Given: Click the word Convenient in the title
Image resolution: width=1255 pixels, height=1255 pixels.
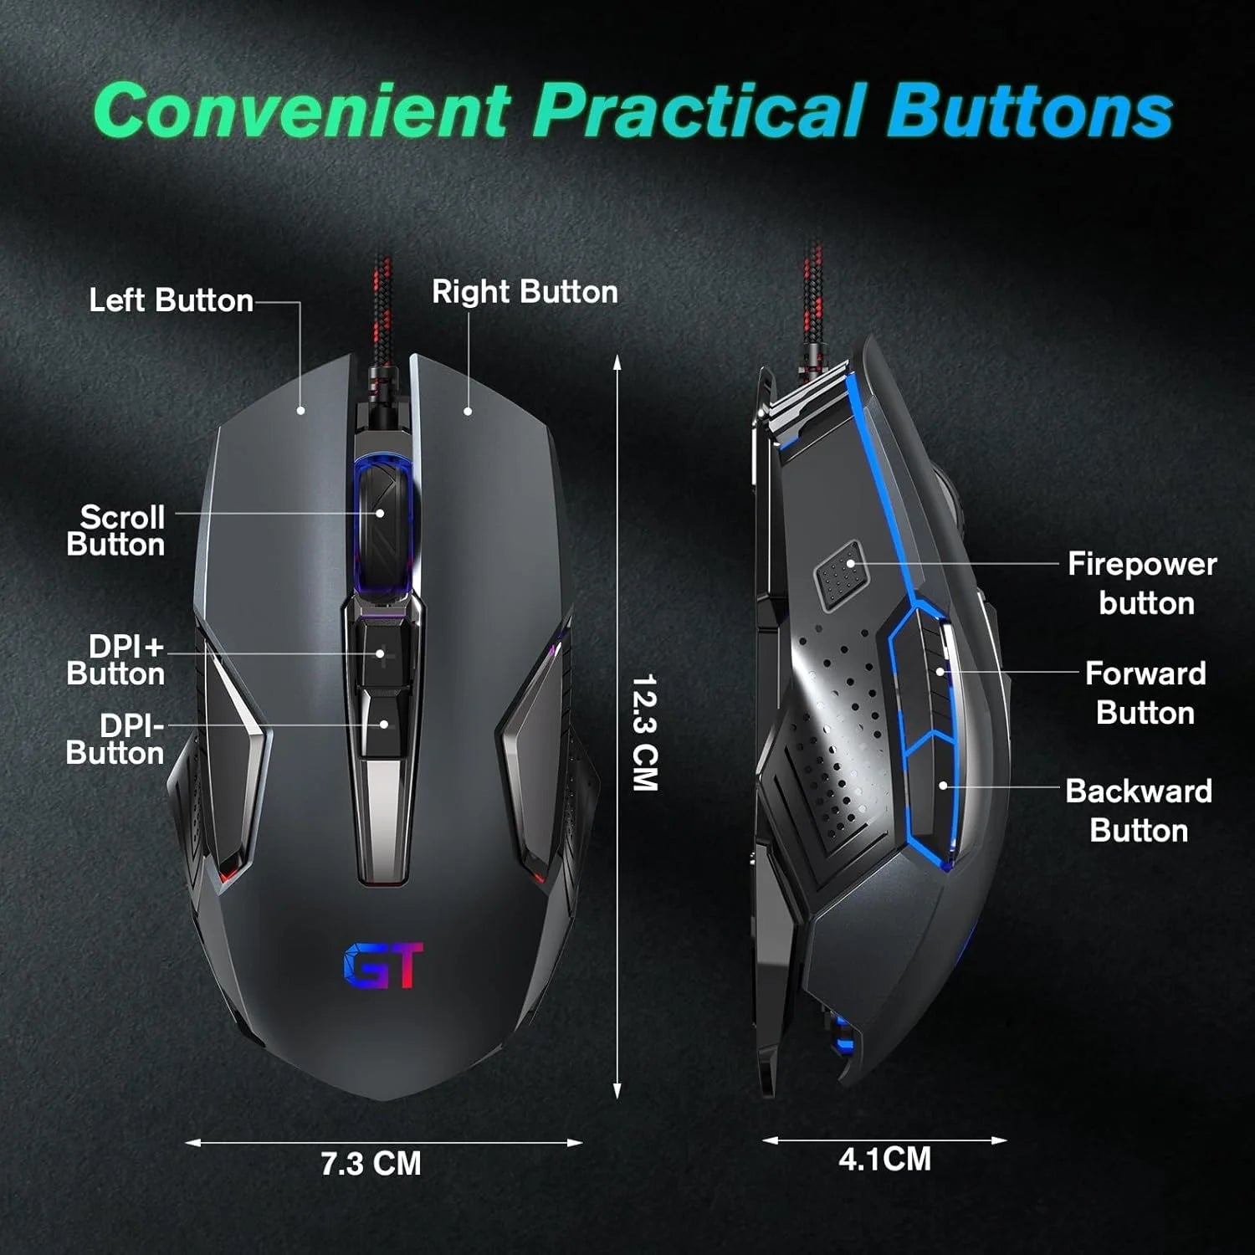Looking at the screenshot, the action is pyautogui.click(x=302, y=109).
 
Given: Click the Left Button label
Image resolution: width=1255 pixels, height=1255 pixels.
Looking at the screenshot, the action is pyautogui.click(x=171, y=300).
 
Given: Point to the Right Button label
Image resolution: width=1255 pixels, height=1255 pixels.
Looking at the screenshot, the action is pyautogui.click(x=525, y=291).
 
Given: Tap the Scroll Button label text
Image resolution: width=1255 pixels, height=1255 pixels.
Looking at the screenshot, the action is pyautogui.click(x=116, y=530).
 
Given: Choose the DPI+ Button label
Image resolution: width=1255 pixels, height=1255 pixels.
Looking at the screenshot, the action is pyautogui.click(x=116, y=659).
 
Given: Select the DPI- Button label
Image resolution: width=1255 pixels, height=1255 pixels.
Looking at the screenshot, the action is pyautogui.click(x=115, y=739).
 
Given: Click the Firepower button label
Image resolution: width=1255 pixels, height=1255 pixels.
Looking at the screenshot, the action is pyautogui.click(x=1142, y=583).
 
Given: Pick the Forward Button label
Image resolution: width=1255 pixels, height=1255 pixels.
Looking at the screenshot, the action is pyautogui.click(x=1145, y=693).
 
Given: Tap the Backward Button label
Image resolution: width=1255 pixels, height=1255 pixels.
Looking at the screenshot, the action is pyautogui.click(x=1139, y=810).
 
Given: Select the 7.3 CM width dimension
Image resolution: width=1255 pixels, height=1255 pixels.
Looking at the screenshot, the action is pyautogui.click(x=371, y=1164).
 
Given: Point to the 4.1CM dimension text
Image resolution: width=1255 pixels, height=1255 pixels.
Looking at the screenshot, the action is pyautogui.click(x=884, y=1159).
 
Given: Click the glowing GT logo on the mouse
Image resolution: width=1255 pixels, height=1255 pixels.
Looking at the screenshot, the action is pyautogui.click(x=384, y=966).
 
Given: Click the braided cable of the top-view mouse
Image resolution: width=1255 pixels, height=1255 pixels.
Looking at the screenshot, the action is pyautogui.click(x=382, y=326).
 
